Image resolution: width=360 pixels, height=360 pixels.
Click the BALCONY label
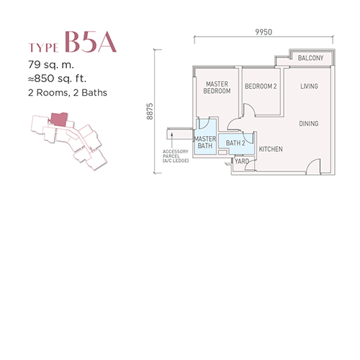(310, 58)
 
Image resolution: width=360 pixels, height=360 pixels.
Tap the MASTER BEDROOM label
(217, 87)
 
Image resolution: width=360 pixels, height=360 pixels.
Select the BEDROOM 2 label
(261, 86)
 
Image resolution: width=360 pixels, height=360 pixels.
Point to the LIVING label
(309, 86)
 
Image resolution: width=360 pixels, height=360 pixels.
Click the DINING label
(309, 124)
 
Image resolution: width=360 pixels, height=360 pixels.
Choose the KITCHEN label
(271, 149)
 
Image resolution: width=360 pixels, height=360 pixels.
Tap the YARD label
(242, 161)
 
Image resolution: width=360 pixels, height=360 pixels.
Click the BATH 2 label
(235, 143)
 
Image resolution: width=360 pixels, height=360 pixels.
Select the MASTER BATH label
(205, 142)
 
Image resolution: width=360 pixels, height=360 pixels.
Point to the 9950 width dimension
(264, 32)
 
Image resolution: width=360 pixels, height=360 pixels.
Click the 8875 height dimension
(150, 112)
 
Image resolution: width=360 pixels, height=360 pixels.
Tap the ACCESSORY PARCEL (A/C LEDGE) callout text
(176, 156)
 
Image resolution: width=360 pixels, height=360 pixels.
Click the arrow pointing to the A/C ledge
(172, 140)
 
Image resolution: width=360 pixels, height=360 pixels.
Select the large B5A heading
(91, 42)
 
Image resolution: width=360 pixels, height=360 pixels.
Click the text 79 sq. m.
(51, 65)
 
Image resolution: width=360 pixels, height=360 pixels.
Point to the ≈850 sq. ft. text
(57, 78)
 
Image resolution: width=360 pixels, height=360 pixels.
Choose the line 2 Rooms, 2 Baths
(68, 93)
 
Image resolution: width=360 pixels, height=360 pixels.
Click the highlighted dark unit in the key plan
(59, 120)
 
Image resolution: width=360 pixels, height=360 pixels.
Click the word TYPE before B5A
(43, 48)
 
